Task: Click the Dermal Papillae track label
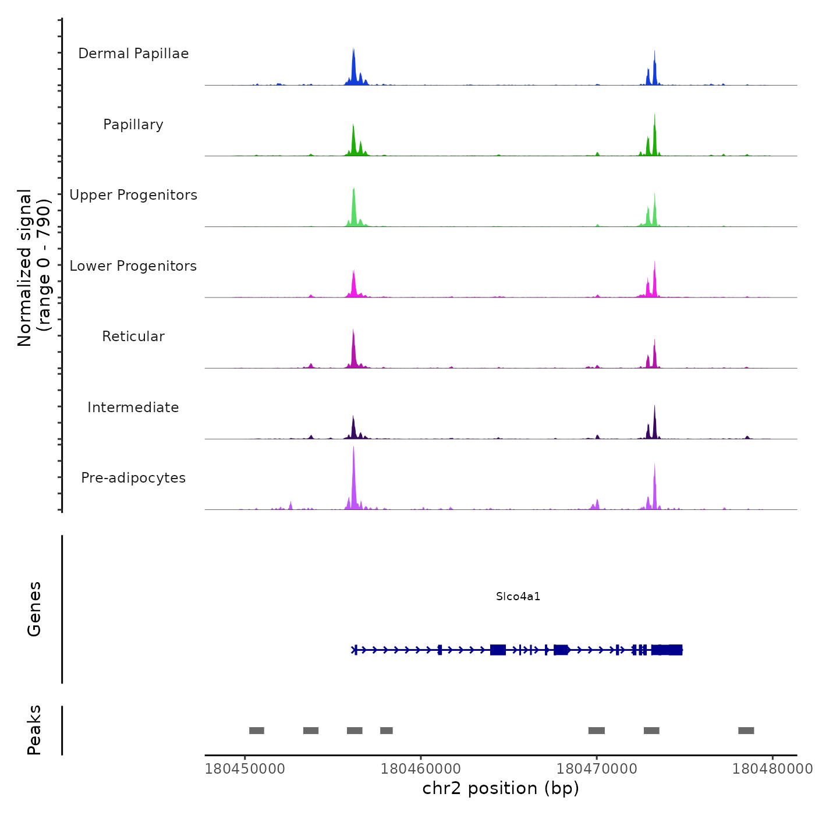coord(133,54)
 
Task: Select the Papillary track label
coord(133,125)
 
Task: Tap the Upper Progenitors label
coord(133,195)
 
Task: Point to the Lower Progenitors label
coord(133,266)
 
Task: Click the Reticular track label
coord(133,336)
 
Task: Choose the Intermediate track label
coord(133,408)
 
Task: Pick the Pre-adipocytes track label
coord(133,478)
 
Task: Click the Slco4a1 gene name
coord(518,596)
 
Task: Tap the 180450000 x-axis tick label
coord(245,768)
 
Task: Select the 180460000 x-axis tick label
coord(421,768)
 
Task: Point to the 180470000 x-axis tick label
coord(597,768)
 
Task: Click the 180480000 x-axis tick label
coord(772,768)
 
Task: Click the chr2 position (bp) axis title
coord(501,788)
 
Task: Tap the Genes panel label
coord(34,609)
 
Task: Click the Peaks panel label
coord(34,730)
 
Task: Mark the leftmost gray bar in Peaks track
coord(257,731)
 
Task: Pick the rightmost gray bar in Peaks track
coord(746,731)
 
